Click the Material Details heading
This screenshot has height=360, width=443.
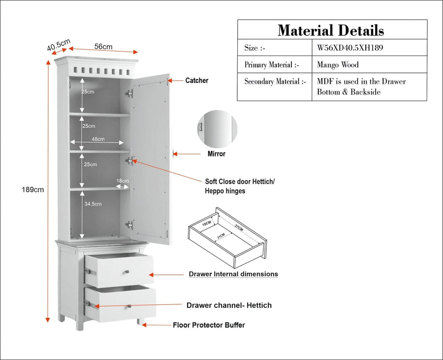pyautogui.click(x=331, y=30)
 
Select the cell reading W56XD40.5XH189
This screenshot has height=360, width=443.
pyautogui.click(x=350, y=47)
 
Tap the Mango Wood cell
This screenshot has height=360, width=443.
pyautogui.click(x=338, y=65)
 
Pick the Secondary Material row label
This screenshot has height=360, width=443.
pyautogui.click(x=275, y=81)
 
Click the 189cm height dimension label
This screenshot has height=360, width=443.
pyautogui.click(x=33, y=190)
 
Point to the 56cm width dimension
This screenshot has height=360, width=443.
pyautogui.click(x=103, y=46)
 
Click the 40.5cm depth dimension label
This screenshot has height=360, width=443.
pyautogui.click(x=59, y=45)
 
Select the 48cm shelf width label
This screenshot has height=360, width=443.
pyautogui.click(x=98, y=139)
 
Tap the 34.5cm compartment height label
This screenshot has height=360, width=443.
pyautogui.click(x=93, y=204)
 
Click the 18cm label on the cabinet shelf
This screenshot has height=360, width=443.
pyautogui.click(x=123, y=181)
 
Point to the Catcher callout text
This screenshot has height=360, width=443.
pyautogui.click(x=196, y=81)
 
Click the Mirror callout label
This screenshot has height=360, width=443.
pyautogui.click(x=217, y=154)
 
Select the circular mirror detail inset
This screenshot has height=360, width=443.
pyautogui.click(x=217, y=129)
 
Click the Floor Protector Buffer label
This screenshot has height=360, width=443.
pyautogui.click(x=209, y=325)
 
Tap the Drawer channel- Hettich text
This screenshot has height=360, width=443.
pyautogui.click(x=229, y=305)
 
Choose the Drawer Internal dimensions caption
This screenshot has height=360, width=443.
pyautogui.click(x=233, y=274)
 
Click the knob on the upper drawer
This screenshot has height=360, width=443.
pyautogui.click(x=127, y=272)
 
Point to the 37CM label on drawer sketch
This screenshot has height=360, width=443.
pyautogui.click(x=238, y=228)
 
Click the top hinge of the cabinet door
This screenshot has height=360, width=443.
pyautogui.click(x=129, y=93)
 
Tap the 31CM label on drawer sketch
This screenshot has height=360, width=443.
pyautogui.click(x=221, y=236)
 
